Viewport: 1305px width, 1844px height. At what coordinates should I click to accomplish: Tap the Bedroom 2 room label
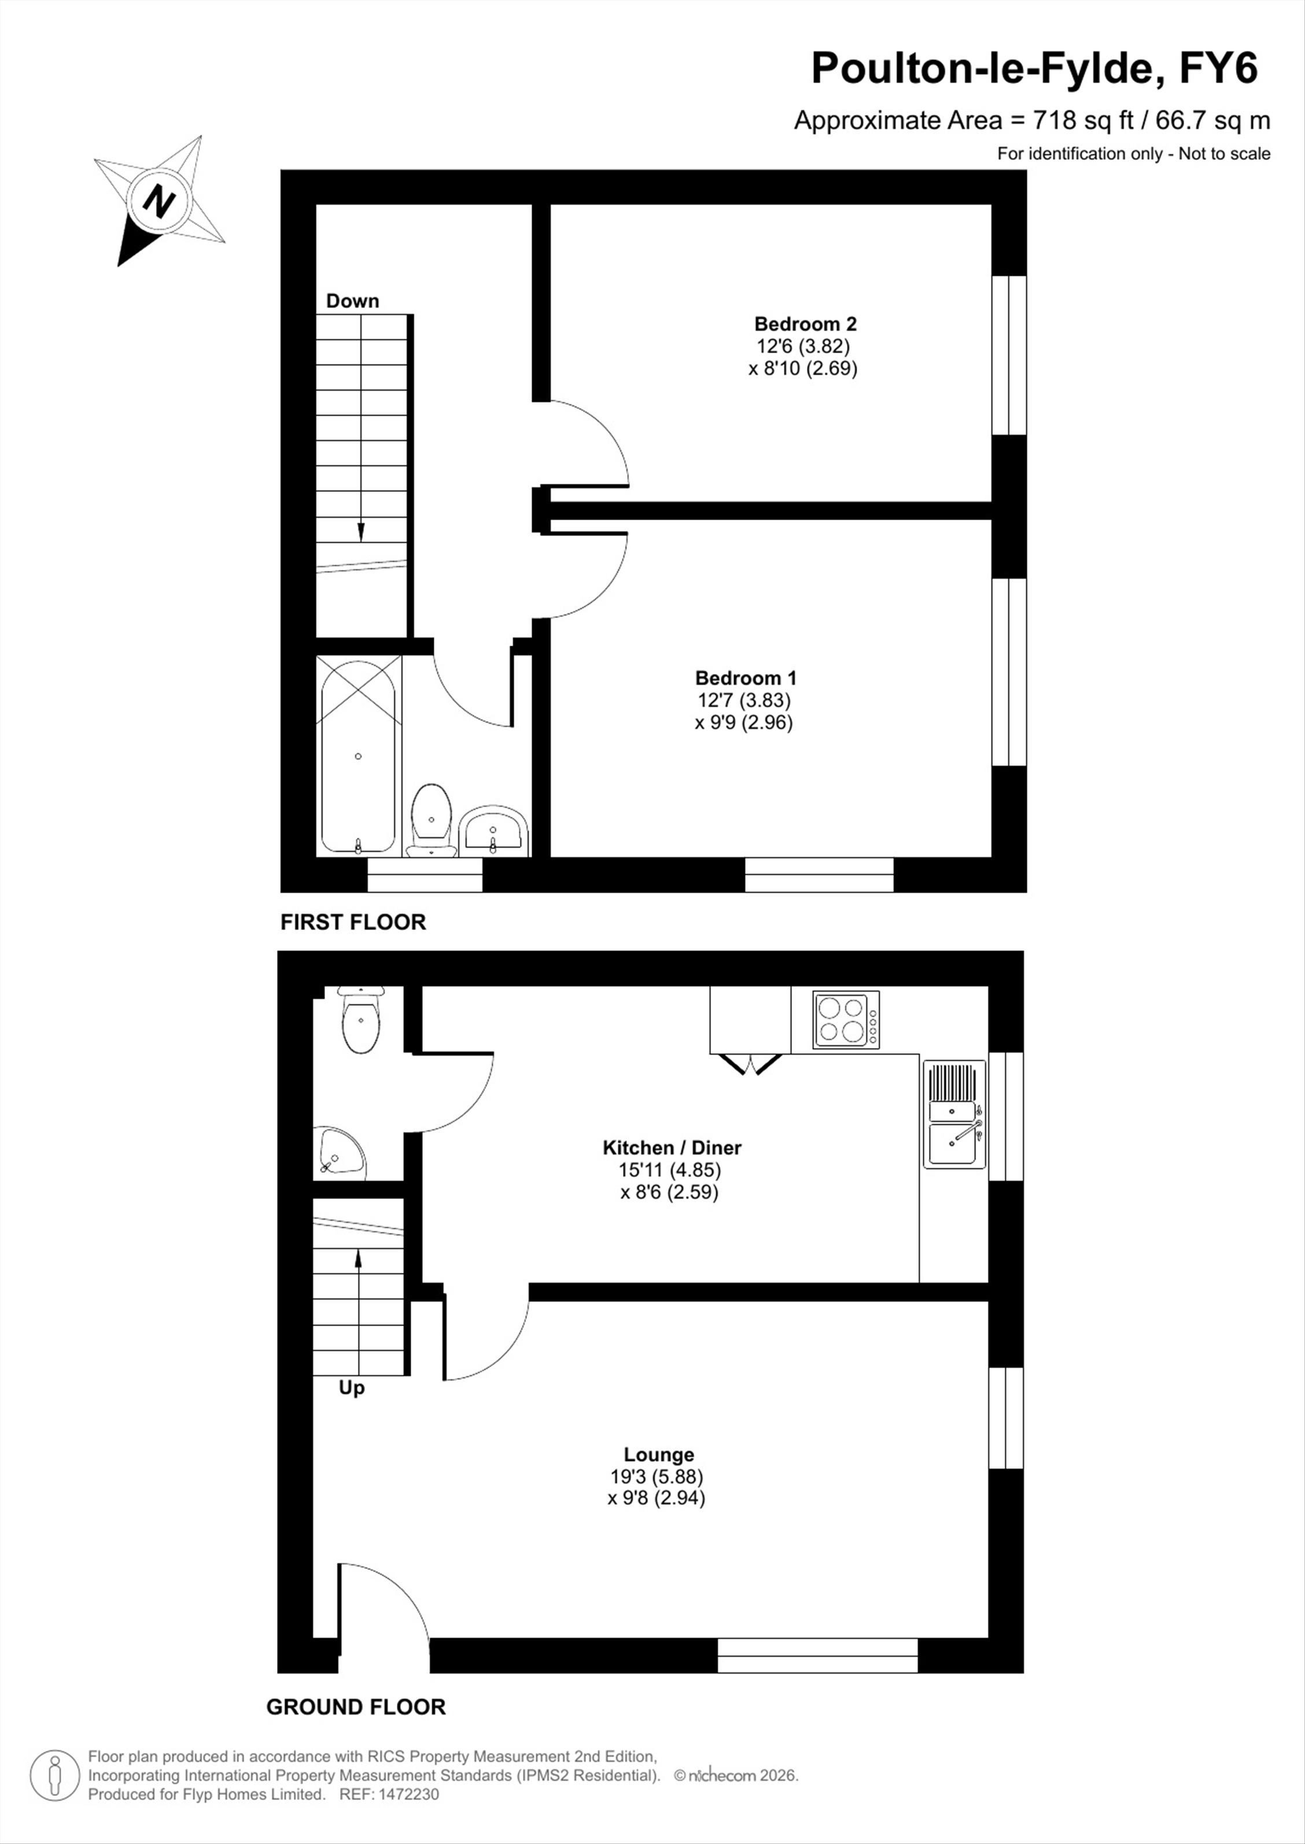point(805,324)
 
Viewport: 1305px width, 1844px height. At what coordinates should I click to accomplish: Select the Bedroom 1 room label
point(746,678)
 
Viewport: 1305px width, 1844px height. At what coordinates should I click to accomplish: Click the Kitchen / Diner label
point(672,1147)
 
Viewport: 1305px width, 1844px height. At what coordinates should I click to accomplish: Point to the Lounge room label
point(659,1454)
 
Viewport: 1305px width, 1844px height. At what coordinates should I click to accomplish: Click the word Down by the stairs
point(352,301)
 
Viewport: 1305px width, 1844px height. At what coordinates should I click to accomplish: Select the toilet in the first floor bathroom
point(431,819)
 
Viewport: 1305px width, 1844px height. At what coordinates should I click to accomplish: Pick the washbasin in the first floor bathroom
point(493,831)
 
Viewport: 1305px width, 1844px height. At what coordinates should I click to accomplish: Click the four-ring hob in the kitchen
point(846,1020)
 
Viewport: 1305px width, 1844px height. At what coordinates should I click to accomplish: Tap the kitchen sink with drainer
point(954,1114)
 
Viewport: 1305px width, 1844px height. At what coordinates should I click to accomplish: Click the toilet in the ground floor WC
point(361,1019)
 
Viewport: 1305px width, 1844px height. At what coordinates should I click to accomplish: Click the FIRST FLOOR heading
point(353,922)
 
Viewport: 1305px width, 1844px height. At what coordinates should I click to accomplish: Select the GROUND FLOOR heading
point(356,1706)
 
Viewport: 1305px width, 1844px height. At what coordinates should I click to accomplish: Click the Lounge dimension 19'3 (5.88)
point(657,1476)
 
